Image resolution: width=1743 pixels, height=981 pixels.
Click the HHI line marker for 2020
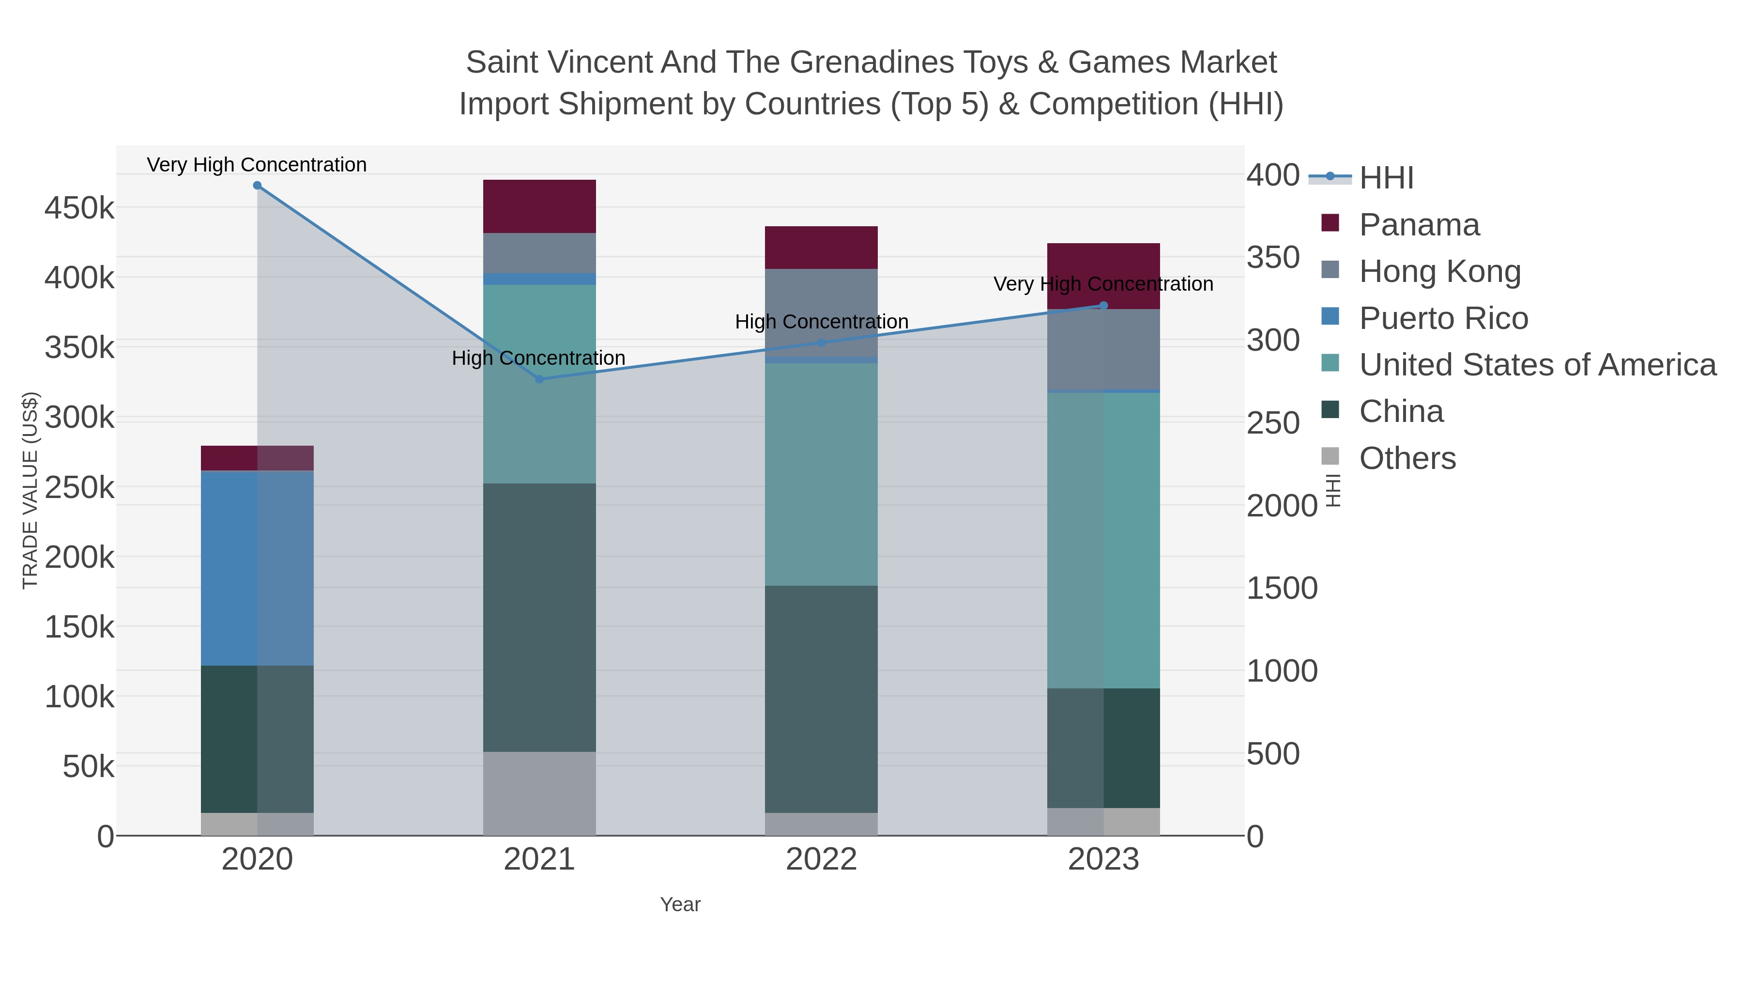pos(257,186)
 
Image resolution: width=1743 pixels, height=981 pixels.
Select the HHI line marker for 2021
pos(539,379)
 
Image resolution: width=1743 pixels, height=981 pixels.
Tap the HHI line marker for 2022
pos(822,343)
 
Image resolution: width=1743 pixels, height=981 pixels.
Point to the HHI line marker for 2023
pos(1103,305)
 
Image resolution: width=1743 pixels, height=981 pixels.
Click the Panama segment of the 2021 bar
pos(539,206)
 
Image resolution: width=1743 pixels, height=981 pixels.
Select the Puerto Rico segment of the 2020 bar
pos(257,568)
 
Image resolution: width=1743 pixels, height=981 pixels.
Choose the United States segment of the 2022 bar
pos(822,474)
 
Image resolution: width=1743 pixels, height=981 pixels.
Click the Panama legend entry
pos(1419,225)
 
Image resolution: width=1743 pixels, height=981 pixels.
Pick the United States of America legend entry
pos(1537,365)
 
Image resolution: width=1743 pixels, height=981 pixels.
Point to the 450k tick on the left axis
pos(79,208)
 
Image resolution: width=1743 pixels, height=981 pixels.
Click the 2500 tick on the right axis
pos(1273,423)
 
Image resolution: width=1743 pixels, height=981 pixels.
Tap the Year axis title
pos(680,904)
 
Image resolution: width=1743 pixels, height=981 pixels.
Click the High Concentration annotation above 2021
pos(538,358)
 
